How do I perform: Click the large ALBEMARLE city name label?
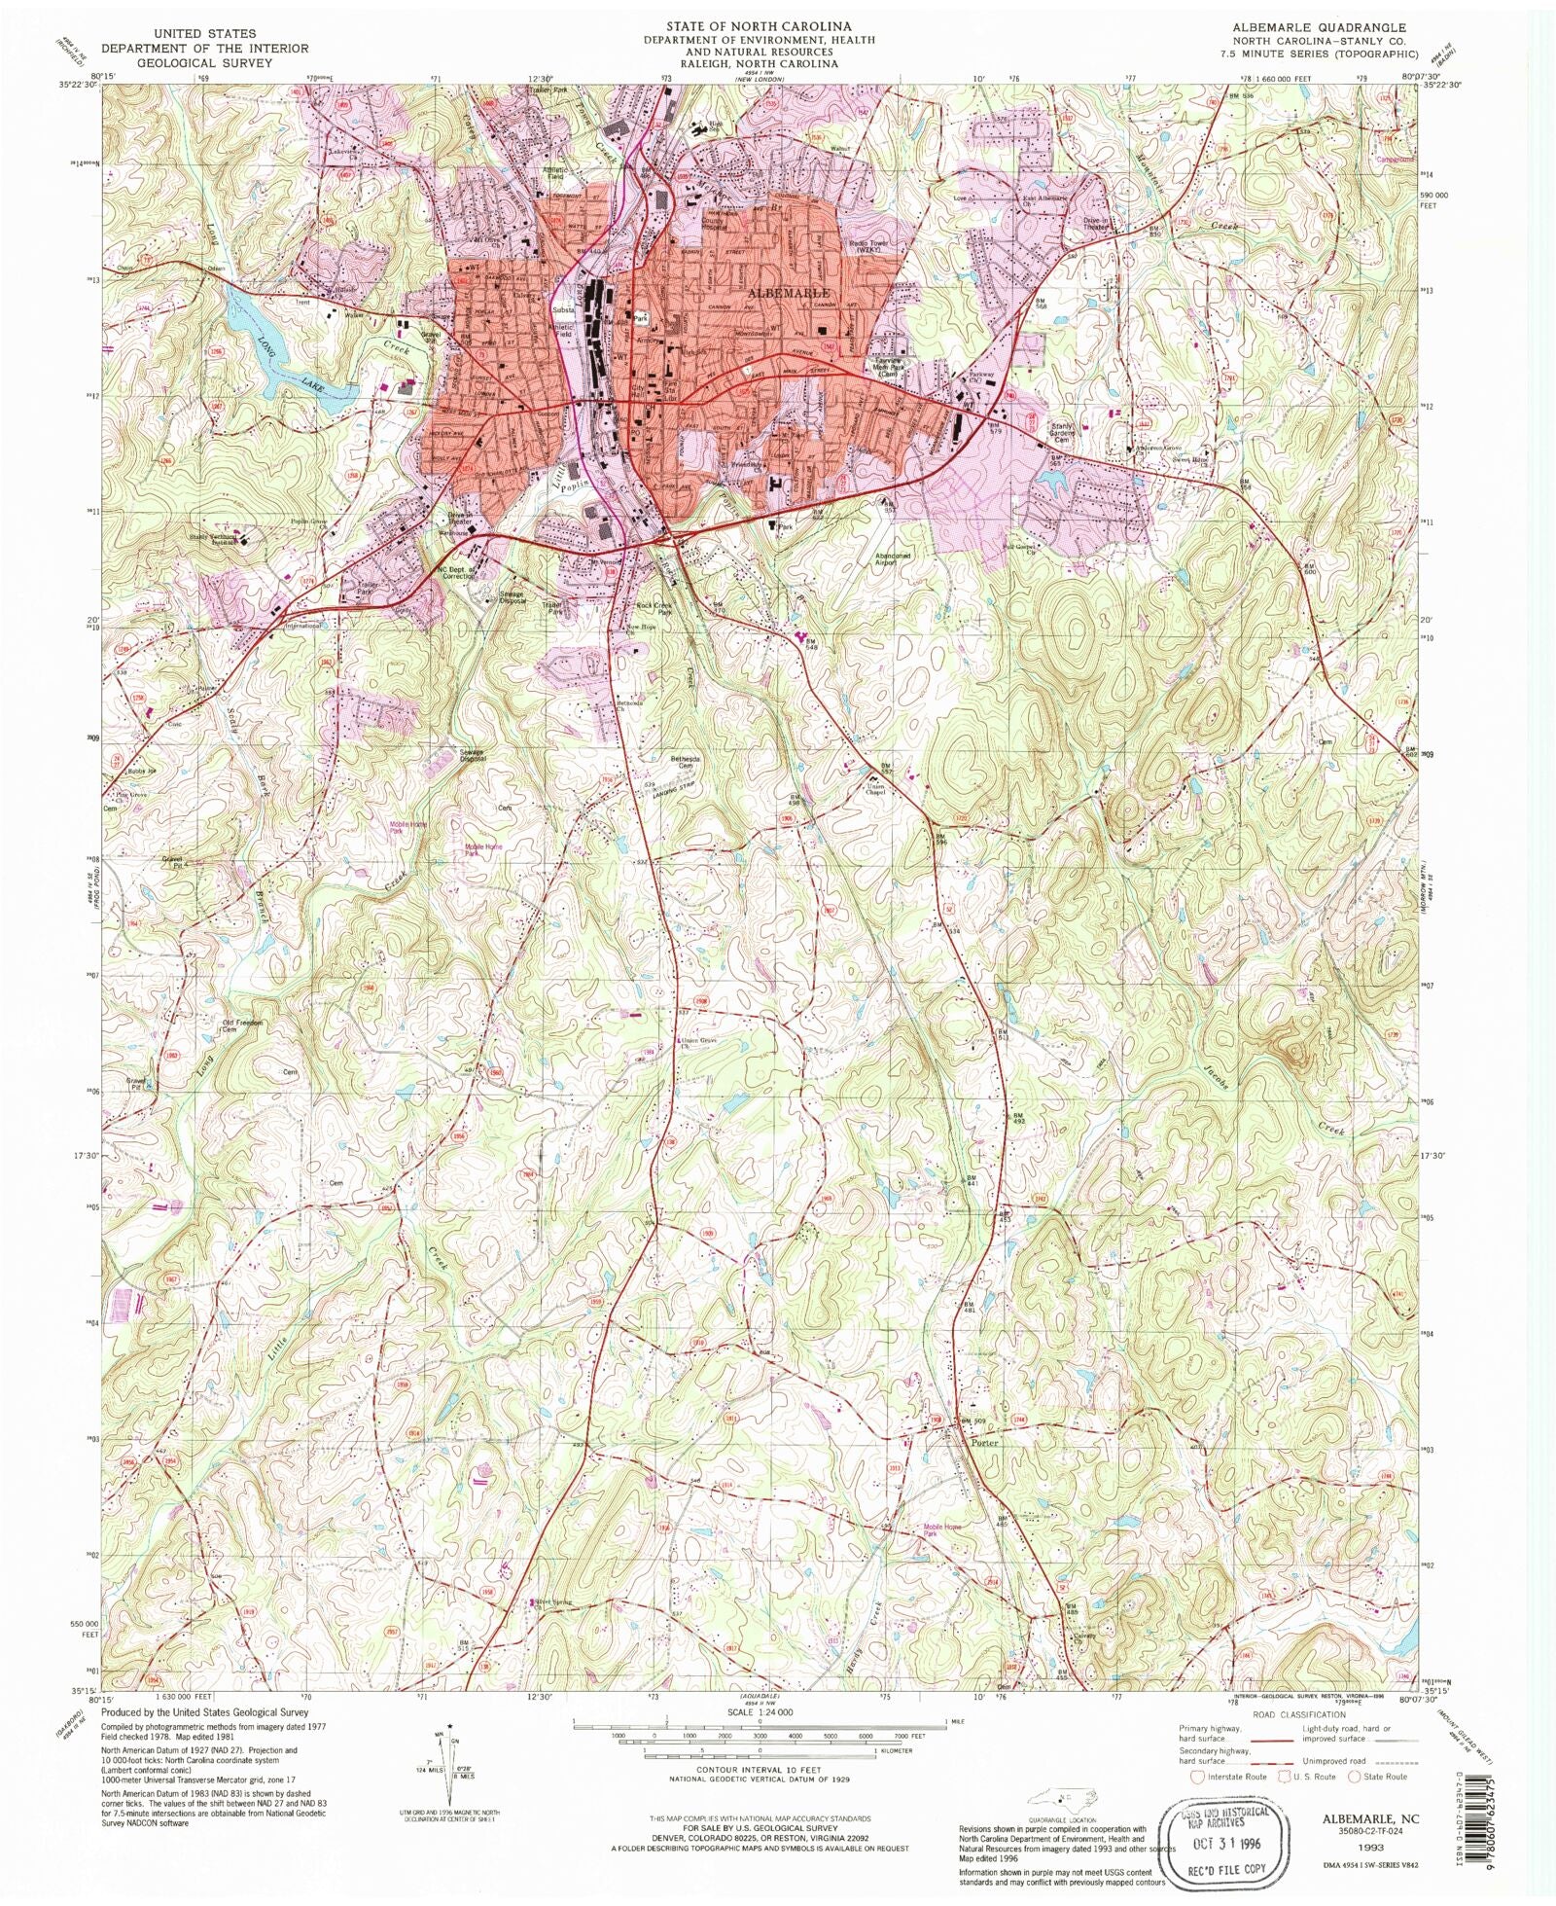click(x=788, y=292)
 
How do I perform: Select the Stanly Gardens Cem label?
click(x=1063, y=432)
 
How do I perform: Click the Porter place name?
click(x=984, y=1442)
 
